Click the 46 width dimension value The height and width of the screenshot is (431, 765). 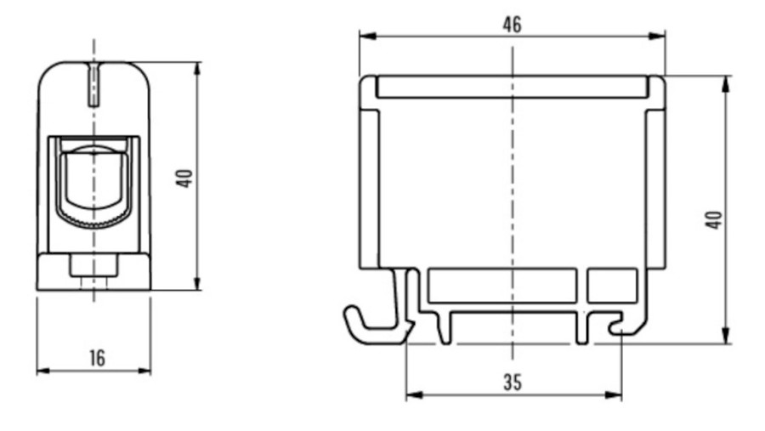[513, 24]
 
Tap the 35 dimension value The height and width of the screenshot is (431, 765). [513, 383]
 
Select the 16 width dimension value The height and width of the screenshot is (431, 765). [97, 358]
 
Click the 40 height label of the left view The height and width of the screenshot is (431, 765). [184, 179]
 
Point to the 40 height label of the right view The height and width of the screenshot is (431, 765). [714, 219]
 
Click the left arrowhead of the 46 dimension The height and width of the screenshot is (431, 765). [368, 36]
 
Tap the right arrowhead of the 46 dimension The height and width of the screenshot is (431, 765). [657, 36]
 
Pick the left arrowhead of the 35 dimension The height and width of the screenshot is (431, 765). [415, 394]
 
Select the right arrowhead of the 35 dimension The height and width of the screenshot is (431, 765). [613, 394]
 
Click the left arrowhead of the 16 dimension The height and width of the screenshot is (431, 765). [44, 371]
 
